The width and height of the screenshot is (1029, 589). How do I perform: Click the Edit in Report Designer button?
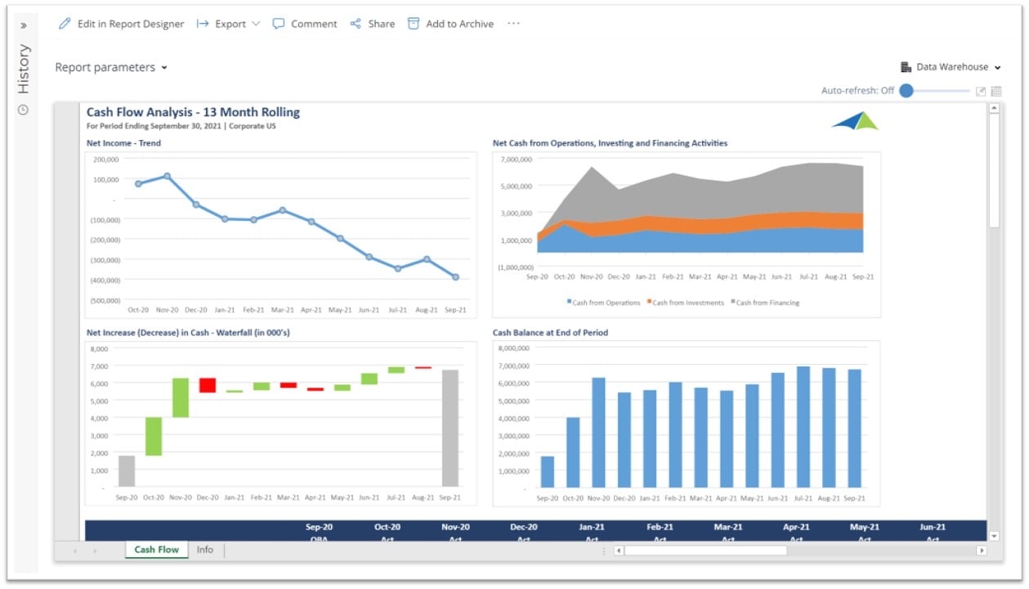pyautogui.click(x=122, y=24)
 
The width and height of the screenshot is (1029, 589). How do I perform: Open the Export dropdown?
pyautogui.click(x=228, y=24)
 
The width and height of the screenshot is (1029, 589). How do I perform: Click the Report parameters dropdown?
pyautogui.click(x=111, y=67)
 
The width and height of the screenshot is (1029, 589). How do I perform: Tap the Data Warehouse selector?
pyautogui.click(x=951, y=67)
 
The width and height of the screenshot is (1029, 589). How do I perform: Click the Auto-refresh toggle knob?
pyautogui.click(x=906, y=91)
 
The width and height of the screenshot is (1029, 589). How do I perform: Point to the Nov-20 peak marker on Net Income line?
pyautogui.click(x=167, y=176)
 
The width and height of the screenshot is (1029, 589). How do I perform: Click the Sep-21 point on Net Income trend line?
pyautogui.click(x=455, y=277)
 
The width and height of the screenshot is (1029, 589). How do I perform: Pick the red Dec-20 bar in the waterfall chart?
pyautogui.click(x=208, y=385)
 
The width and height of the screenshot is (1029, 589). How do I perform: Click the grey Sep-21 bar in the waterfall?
pyautogui.click(x=450, y=428)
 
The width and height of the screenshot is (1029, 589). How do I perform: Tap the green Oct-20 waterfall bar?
pyautogui.click(x=154, y=436)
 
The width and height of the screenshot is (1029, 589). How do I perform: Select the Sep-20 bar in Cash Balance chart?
pyautogui.click(x=547, y=471)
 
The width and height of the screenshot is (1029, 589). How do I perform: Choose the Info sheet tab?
pyautogui.click(x=204, y=550)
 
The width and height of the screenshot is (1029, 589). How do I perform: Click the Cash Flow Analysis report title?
pyautogui.click(x=193, y=112)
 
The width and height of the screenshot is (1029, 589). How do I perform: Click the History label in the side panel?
pyautogui.click(x=24, y=69)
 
